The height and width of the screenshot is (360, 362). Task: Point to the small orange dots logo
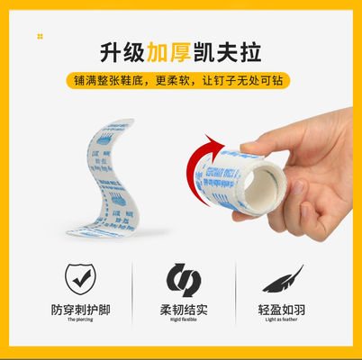point(40,36)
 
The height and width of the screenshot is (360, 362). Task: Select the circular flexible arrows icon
point(181,279)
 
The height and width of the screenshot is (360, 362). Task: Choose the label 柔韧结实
point(181,310)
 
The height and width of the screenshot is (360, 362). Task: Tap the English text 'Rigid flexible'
point(181,321)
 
